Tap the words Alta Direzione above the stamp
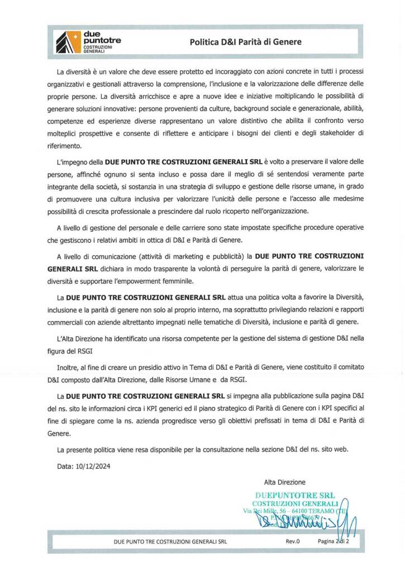(x=284, y=482)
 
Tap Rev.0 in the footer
(x=293, y=542)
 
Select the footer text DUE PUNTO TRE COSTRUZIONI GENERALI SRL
(x=170, y=542)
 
